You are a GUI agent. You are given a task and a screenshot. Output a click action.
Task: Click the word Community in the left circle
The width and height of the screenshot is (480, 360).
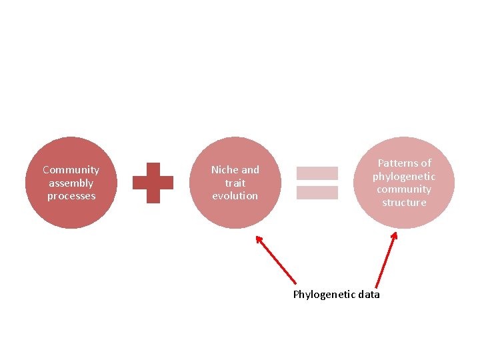(71, 170)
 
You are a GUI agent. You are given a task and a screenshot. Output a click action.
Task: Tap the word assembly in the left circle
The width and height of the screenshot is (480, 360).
(71, 183)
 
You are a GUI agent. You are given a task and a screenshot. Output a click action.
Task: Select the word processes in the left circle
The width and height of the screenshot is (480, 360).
(71, 196)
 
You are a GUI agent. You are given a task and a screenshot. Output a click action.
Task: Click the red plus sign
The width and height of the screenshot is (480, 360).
(153, 183)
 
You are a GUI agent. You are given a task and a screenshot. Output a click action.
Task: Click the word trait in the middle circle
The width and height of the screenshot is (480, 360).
(235, 183)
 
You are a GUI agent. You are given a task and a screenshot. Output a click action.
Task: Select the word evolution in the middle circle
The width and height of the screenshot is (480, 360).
(235, 196)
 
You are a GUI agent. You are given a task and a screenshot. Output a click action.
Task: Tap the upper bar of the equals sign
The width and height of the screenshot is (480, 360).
(317, 173)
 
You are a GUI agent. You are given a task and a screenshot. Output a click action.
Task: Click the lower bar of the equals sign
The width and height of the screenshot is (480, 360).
(317, 193)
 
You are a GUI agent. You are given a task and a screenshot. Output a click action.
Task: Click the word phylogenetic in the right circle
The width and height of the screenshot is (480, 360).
(404, 177)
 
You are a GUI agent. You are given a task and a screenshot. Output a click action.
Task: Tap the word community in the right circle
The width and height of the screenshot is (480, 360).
(404, 189)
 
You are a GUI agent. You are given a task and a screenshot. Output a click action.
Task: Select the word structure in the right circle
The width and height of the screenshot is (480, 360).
(404, 203)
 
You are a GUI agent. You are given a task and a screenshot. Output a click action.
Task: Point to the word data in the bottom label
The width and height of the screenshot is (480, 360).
(369, 295)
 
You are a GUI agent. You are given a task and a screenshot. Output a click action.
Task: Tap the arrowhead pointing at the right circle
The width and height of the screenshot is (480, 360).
(395, 235)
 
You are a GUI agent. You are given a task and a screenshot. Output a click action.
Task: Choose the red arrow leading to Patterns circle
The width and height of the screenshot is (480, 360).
(386, 261)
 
